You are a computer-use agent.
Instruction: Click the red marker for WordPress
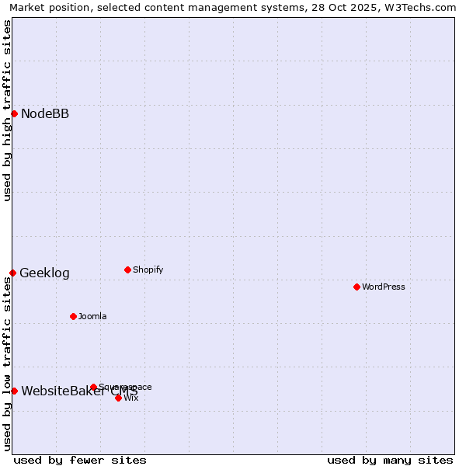point(356,287)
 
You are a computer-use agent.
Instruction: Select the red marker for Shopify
point(127,270)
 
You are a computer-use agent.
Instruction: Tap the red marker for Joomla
point(73,316)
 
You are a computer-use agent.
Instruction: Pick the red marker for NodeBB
point(14,113)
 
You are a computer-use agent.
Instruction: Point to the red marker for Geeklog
point(12,273)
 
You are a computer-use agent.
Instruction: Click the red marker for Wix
point(118,398)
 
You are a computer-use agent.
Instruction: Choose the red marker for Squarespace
point(93,387)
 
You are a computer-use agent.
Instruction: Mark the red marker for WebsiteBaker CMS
point(14,391)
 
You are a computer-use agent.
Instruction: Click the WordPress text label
point(384,287)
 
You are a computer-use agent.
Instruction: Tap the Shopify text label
point(148,270)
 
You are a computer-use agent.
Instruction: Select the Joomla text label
point(92,316)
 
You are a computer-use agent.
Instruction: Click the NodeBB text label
point(45,114)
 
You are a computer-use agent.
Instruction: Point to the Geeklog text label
point(44,273)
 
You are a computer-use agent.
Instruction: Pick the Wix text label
point(131,398)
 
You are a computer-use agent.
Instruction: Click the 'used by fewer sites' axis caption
point(80,460)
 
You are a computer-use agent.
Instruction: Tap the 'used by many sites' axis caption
point(390,460)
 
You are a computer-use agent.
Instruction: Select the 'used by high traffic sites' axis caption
point(7,110)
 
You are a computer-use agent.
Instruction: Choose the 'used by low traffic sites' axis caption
point(7,365)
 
